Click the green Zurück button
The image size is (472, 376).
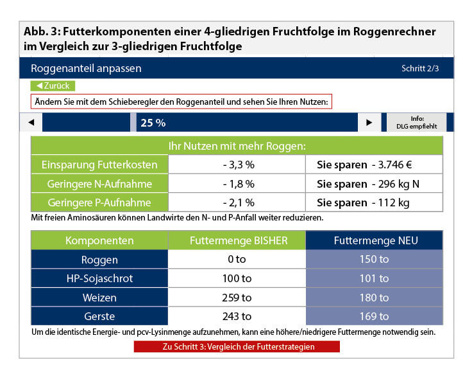pyautogui.click(x=53, y=85)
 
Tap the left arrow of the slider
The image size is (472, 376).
pyautogui.click(x=31, y=122)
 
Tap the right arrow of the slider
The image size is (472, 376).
pyautogui.click(x=368, y=122)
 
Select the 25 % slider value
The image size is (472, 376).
pyautogui.click(x=153, y=123)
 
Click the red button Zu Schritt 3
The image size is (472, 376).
pyautogui.click(x=237, y=347)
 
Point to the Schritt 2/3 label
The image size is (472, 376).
pyautogui.click(x=420, y=68)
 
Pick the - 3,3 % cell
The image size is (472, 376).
pyautogui.click(x=237, y=165)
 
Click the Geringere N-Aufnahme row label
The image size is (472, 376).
pyautogui.click(x=99, y=184)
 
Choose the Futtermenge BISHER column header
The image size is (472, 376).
pyautogui.click(x=237, y=241)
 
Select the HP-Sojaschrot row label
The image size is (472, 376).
pyautogui.click(x=99, y=278)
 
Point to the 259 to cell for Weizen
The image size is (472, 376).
pyautogui.click(x=237, y=298)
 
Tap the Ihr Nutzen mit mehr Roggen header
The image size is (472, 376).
pyautogui.click(x=237, y=145)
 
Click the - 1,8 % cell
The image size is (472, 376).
pyautogui.click(x=237, y=184)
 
